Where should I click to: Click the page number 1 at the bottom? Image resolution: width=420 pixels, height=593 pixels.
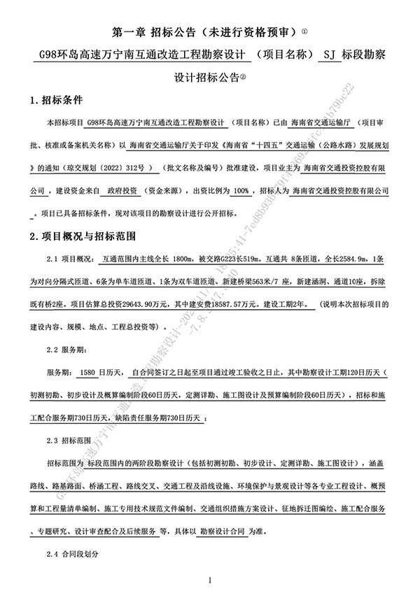point(209,580)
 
